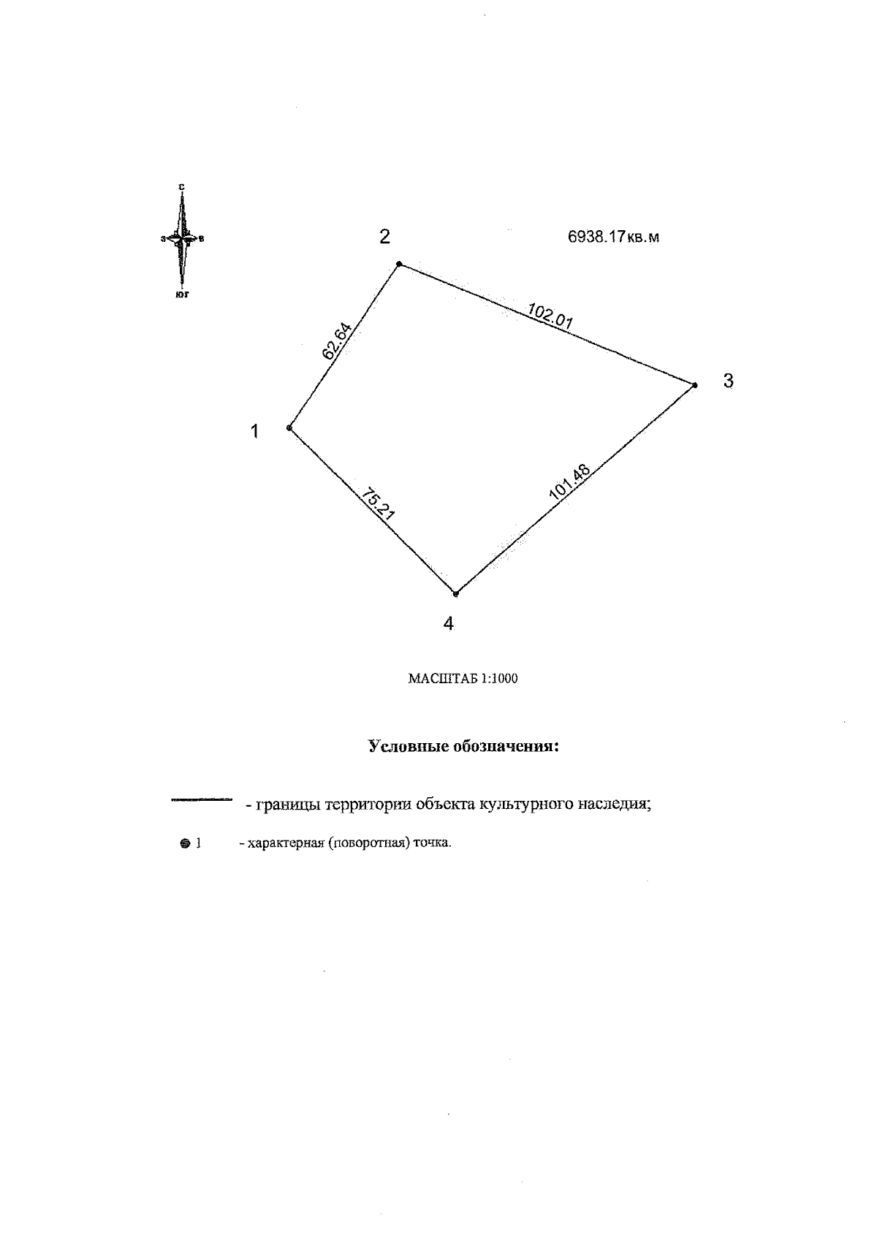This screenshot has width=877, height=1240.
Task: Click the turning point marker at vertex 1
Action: click(x=290, y=427)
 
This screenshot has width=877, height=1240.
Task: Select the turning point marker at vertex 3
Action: click(x=694, y=384)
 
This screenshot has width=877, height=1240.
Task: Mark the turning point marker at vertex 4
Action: click(x=455, y=593)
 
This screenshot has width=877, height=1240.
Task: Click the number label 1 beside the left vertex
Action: click(x=254, y=432)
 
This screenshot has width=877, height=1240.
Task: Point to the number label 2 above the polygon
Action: click(x=384, y=237)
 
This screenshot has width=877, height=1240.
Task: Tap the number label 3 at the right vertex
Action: click(x=728, y=381)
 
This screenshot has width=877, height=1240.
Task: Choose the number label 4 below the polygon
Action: click(x=449, y=624)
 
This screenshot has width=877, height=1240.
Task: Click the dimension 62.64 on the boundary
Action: click(x=337, y=341)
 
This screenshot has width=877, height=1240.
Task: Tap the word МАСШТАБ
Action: click(x=442, y=679)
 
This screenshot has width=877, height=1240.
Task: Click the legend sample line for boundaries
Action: click(x=201, y=799)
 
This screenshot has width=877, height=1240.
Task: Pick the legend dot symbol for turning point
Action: click(x=184, y=843)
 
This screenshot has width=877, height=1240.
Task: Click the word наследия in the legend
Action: click(x=614, y=805)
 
